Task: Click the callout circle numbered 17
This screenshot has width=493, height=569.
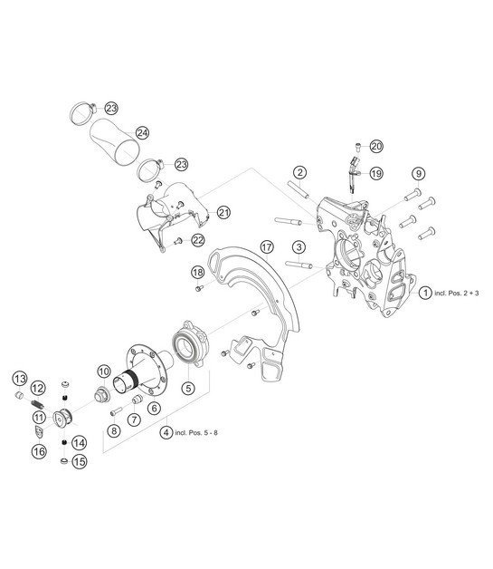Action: [267, 247]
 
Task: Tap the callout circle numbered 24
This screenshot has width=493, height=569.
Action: [142, 133]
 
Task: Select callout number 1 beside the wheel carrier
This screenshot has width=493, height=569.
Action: [425, 293]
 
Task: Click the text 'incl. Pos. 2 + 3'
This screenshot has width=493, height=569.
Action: [457, 293]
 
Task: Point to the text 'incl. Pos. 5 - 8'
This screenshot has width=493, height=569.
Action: [196, 432]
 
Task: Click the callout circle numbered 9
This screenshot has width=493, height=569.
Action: [419, 174]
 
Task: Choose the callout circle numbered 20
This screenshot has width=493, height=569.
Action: [376, 146]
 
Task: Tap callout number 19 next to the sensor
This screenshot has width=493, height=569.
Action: [376, 173]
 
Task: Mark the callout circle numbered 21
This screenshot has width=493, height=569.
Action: [223, 212]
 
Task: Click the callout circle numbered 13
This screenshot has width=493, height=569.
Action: [20, 379]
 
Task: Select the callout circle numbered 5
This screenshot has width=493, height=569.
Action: [188, 389]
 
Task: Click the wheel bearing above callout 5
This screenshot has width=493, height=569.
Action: [190, 343]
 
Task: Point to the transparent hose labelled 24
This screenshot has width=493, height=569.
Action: [115, 142]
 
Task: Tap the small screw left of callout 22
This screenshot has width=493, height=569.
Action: [177, 241]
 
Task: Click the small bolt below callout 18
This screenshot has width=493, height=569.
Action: [199, 288]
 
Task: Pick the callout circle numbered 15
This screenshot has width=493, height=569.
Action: [80, 461]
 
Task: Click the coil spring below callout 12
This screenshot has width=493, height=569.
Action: [37, 403]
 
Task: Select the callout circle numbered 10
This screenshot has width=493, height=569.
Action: [104, 371]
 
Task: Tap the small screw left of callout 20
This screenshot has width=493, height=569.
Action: [358, 146]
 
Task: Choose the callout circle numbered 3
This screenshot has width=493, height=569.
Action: [299, 247]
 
